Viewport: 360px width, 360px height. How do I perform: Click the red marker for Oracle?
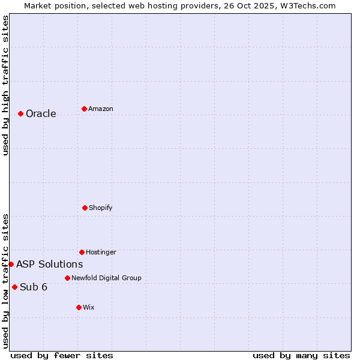[x=20, y=113]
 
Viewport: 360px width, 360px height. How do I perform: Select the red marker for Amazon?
[x=84, y=109]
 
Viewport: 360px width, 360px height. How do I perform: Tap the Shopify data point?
[x=85, y=208]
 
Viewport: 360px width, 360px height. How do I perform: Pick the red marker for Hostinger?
[x=82, y=252]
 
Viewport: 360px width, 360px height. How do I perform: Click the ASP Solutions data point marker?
[x=11, y=264]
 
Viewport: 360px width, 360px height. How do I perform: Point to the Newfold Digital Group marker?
[x=67, y=278]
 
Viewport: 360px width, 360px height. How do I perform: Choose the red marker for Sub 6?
[x=14, y=287]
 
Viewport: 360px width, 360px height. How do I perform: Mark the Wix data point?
[x=79, y=307]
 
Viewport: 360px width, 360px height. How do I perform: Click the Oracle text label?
[x=41, y=114]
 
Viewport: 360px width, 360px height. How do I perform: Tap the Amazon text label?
[x=101, y=109]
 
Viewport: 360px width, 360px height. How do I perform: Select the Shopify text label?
[x=101, y=208]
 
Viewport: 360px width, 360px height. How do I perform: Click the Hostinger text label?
[x=101, y=253]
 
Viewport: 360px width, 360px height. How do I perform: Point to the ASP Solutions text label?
[x=50, y=265]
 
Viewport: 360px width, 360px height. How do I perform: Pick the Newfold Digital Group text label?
[x=106, y=278]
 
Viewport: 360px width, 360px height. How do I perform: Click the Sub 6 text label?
[x=34, y=287]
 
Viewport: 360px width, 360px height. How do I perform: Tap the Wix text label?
[x=89, y=308]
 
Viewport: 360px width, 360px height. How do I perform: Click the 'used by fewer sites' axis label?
[x=62, y=355]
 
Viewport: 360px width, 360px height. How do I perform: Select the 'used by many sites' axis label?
[x=301, y=355]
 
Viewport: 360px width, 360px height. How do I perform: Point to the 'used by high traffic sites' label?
[x=5, y=85]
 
